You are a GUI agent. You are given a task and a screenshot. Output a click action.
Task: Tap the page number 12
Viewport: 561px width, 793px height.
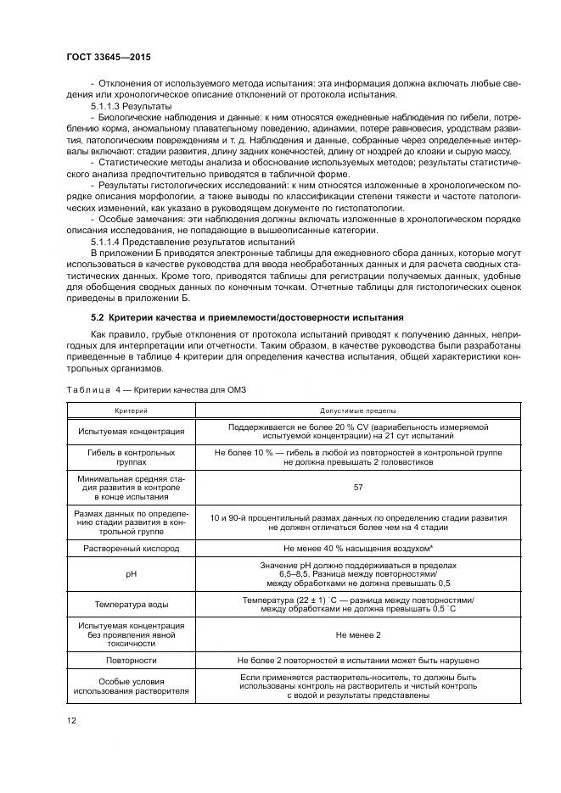72,721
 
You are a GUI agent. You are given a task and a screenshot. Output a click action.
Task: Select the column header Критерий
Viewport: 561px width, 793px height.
131,410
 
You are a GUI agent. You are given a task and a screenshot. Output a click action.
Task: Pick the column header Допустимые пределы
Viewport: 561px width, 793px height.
356,410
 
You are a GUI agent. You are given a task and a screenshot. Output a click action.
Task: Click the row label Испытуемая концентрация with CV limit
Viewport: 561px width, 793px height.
131,431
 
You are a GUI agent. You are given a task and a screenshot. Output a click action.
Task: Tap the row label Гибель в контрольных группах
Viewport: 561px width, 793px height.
131,459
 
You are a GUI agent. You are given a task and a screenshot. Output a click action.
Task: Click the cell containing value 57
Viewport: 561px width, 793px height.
357,488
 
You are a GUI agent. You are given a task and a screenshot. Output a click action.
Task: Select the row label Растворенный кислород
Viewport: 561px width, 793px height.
131,549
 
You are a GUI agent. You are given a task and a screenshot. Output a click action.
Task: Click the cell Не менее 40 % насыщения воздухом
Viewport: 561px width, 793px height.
357,549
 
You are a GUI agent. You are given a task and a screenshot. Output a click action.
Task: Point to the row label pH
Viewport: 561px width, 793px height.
131,574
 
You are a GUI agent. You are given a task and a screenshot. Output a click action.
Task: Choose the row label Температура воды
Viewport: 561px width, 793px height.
131,604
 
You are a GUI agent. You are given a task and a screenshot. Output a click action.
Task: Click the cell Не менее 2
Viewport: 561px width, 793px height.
357,634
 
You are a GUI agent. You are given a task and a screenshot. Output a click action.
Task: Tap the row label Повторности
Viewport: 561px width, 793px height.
131,659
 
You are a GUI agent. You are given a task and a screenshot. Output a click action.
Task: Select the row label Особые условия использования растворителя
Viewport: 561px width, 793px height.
131,686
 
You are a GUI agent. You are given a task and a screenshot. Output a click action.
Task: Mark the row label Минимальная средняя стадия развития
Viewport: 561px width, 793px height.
131,489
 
